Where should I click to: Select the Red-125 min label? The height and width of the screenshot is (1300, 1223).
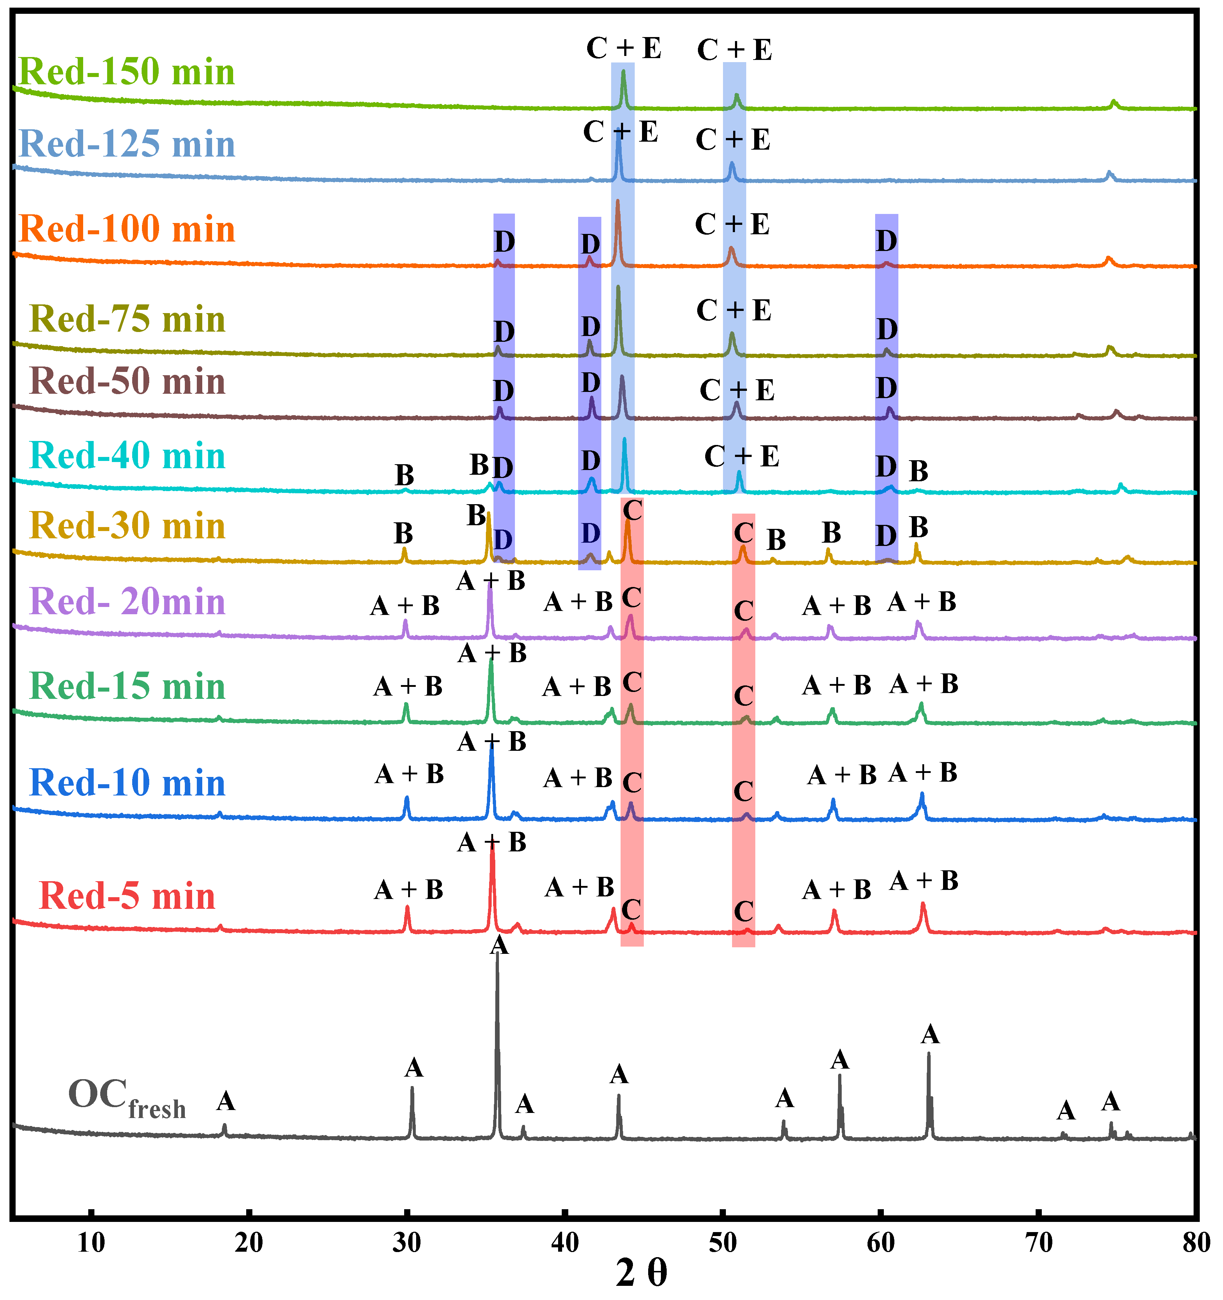coord(127,144)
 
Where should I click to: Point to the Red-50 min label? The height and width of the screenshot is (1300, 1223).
coord(127,381)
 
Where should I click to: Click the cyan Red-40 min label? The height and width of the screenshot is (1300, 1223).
coord(127,456)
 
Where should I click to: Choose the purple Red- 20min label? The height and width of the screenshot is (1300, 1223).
coord(127,602)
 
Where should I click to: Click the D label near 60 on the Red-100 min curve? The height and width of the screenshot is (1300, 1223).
coord(886,241)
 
